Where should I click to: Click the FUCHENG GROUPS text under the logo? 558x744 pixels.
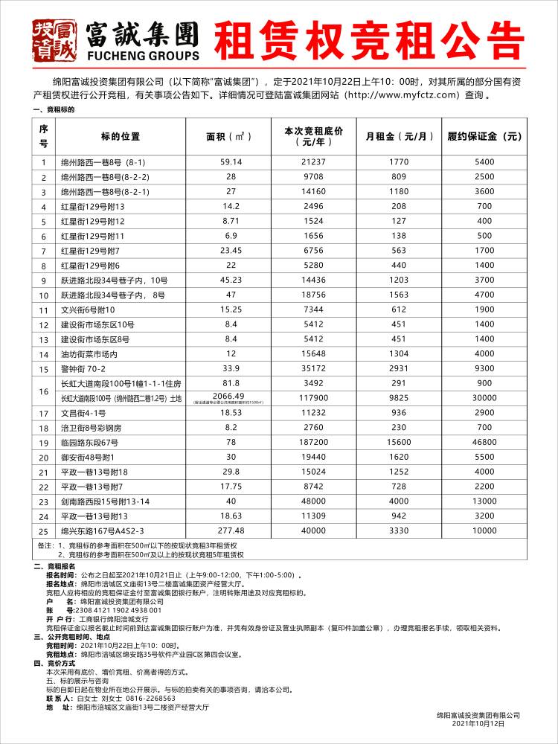144,55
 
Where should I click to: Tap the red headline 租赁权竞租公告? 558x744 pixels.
369,39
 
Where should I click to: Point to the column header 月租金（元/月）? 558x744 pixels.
400,136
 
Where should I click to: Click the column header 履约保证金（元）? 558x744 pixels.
484,136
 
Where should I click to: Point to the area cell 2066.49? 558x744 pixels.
229,396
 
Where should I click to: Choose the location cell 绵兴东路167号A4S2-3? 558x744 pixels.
101,530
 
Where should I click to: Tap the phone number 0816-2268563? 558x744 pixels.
150,699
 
